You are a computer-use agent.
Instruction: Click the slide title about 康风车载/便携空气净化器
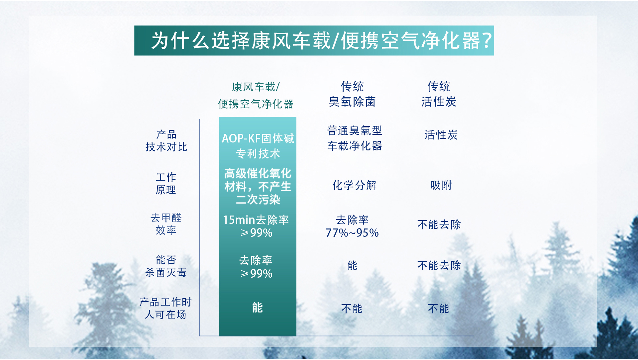(x=322, y=41)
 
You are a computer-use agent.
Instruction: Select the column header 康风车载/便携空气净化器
(x=256, y=95)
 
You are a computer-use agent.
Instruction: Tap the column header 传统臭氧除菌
(x=352, y=94)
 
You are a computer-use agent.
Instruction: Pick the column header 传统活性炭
(x=439, y=94)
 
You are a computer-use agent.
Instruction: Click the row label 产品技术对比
(x=166, y=140)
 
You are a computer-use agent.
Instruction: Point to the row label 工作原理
(x=166, y=183)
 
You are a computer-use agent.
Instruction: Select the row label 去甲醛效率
(x=166, y=224)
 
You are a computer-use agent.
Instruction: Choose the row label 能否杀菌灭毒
(x=166, y=266)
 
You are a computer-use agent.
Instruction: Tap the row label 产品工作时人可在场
(x=165, y=308)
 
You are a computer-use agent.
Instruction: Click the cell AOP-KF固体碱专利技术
(x=258, y=146)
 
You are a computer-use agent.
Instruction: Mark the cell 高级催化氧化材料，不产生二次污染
(x=258, y=186)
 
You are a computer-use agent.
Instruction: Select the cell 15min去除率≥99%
(x=256, y=226)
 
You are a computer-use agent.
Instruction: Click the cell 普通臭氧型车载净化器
(x=355, y=138)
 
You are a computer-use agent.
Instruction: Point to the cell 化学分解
(x=355, y=185)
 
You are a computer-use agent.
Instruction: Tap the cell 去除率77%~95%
(x=352, y=226)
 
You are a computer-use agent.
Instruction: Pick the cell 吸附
(x=441, y=185)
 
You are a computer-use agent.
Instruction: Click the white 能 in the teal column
(x=257, y=308)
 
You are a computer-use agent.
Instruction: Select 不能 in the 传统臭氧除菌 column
(x=352, y=309)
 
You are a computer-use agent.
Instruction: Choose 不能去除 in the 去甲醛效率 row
(x=439, y=225)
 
